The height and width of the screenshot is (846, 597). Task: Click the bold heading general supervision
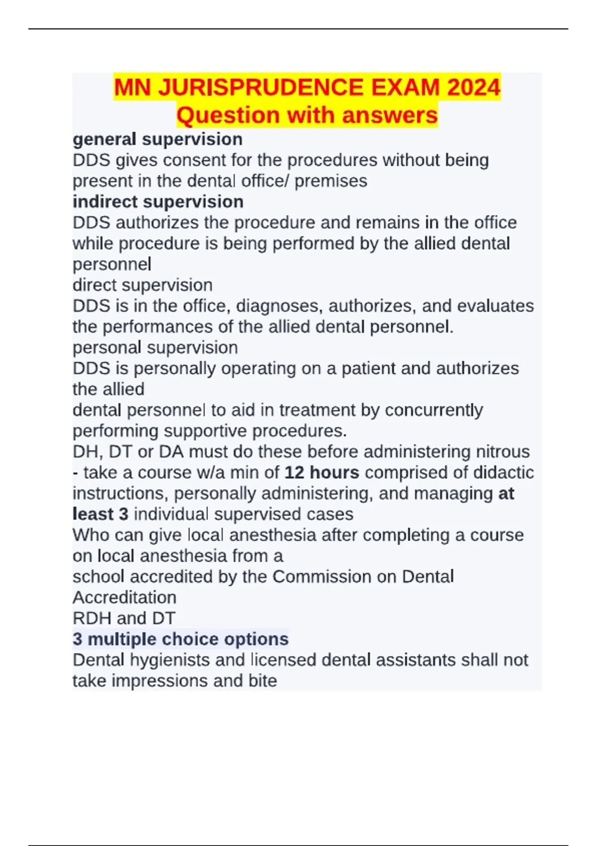click(x=158, y=139)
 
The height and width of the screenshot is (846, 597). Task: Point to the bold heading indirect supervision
click(x=158, y=202)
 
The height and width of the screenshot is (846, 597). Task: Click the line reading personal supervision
click(x=155, y=347)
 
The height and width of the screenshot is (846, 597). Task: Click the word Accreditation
click(x=124, y=598)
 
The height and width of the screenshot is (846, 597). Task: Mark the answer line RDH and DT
click(x=124, y=619)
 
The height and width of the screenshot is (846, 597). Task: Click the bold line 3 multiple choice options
click(x=181, y=639)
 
